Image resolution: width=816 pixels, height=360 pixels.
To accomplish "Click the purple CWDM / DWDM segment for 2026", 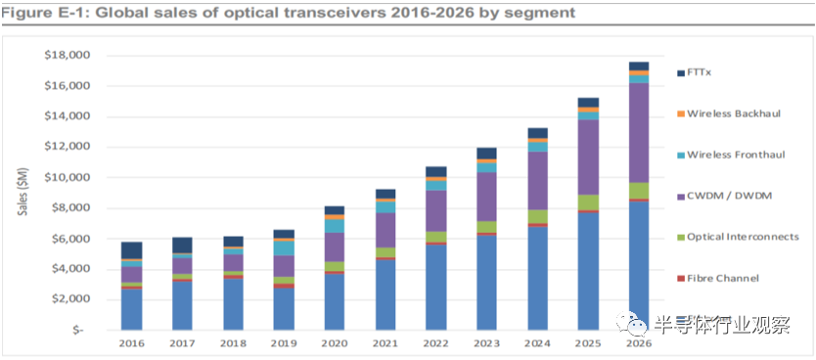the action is click(639, 133).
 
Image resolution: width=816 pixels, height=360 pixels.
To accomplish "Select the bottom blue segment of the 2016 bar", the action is click(132, 309).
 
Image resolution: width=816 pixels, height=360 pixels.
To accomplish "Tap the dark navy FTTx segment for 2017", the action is click(183, 245).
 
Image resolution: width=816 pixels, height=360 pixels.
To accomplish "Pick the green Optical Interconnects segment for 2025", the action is click(588, 202).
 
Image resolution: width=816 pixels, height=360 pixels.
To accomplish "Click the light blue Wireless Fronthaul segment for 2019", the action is click(284, 248).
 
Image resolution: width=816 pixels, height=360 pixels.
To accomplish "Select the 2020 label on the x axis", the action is click(335, 343).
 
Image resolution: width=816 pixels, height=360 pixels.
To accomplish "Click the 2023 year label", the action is click(486, 343).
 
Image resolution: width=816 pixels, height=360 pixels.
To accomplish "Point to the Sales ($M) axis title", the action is click(23, 191).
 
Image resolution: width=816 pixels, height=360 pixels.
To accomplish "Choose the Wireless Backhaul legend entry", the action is click(729, 113).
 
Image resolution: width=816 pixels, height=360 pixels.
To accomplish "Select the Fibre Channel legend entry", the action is click(718, 279).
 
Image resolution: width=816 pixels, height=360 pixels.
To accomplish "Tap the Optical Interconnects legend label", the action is click(744, 237).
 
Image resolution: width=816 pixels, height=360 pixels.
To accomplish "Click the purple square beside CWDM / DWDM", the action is click(681, 196).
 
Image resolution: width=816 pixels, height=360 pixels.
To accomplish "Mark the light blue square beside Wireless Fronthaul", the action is click(681, 155).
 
